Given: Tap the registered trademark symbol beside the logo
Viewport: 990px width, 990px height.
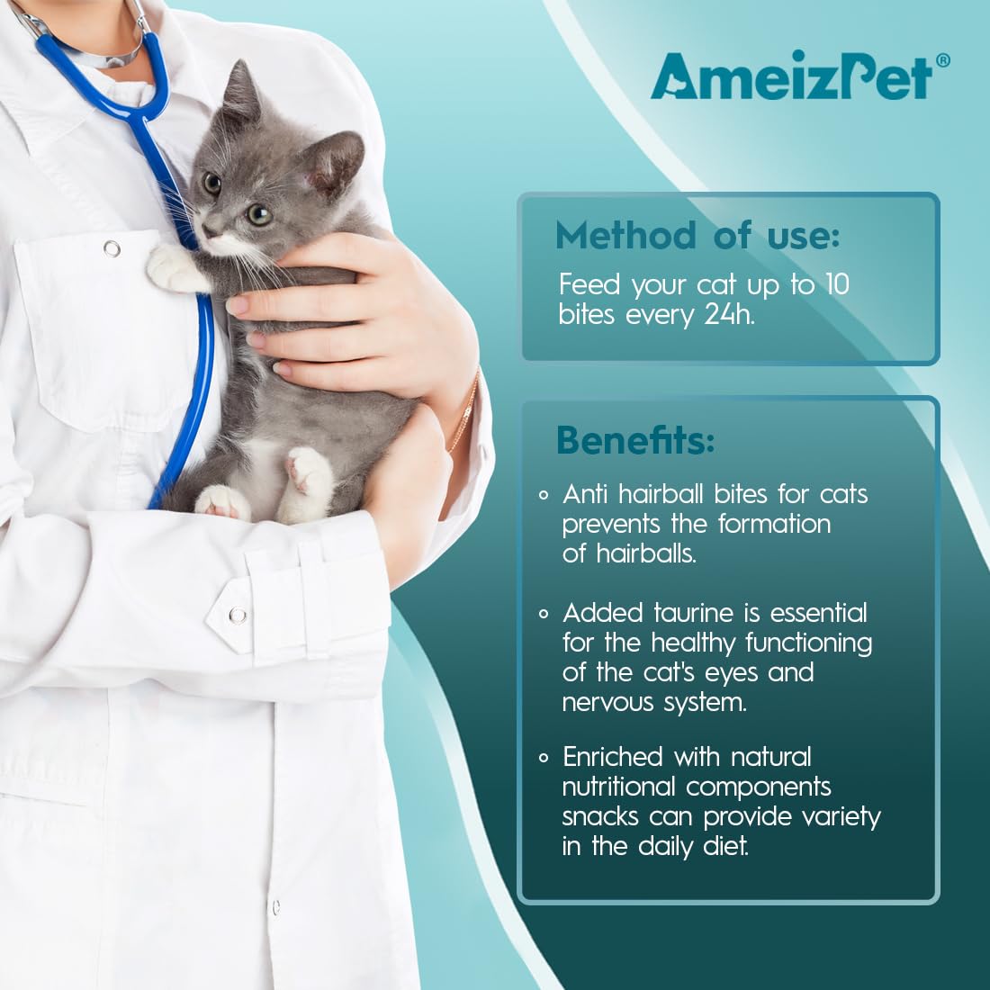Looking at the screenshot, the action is pos(942,60).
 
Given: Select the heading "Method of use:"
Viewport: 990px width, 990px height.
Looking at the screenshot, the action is pos(697,236).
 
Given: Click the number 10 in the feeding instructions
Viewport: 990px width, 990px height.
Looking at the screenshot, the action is pos(837,284).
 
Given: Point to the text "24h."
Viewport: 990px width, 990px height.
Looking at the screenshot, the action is pos(729,314).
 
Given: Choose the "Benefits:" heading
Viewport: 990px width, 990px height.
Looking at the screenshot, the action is pos(635,440).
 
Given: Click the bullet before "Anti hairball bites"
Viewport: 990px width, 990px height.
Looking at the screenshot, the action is pos(544,495).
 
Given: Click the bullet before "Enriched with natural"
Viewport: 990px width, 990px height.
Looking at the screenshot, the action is pos(544,758).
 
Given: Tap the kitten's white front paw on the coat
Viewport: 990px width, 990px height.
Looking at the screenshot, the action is pos(170,267).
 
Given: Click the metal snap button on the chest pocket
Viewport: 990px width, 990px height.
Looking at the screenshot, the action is pos(112,248).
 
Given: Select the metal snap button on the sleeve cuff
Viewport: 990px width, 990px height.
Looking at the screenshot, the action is pos(238,615).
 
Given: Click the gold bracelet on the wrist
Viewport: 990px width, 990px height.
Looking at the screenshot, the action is pos(465,410).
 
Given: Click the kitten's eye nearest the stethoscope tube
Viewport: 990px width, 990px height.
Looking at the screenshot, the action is pos(212,184).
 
